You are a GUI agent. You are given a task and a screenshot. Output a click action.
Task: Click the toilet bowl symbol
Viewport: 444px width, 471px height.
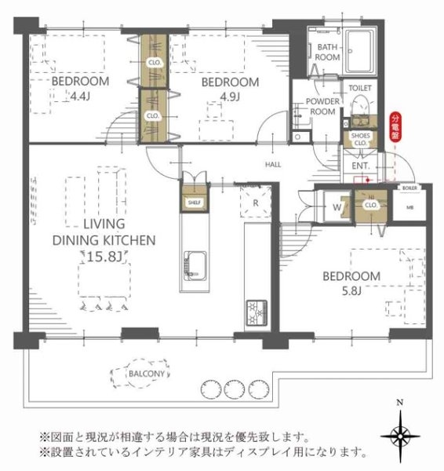pyautogui.click(x=360, y=105)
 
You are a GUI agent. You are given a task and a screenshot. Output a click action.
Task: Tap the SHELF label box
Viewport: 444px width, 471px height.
pyautogui.click(x=193, y=203)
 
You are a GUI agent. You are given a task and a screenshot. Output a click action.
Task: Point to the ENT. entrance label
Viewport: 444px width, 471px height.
pyautogui.click(x=361, y=166)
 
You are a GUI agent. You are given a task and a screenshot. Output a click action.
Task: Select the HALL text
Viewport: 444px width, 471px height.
pyautogui.click(x=273, y=165)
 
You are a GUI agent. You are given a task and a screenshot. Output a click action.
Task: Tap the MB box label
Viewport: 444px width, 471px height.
pyautogui.click(x=409, y=207)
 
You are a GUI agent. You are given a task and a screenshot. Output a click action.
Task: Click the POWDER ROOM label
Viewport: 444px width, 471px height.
pyautogui.click(x=322, y=107)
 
